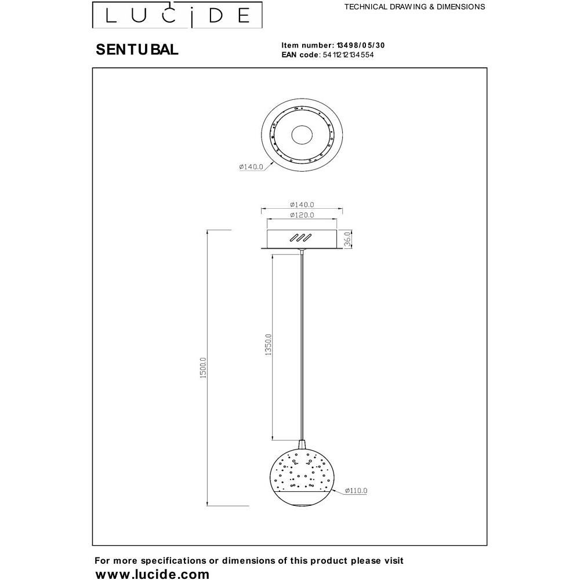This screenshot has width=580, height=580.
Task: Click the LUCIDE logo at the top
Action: click(x=177, y=15)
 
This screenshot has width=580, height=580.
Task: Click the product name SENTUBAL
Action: click(x=137, y=49)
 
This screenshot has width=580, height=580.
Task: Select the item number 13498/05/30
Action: click(x=361, y=45)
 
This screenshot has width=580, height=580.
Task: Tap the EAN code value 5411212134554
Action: click(x=348, y=55)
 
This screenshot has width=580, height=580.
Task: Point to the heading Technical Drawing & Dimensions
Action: click(x=415, y=6)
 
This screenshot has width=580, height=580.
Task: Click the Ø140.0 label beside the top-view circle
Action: click(x=251, y=167)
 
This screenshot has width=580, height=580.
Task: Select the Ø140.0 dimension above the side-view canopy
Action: click(x=302, y=205)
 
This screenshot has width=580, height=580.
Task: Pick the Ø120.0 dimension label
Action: click(x=302, y=215)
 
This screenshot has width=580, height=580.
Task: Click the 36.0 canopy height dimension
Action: click(x=347, y=239)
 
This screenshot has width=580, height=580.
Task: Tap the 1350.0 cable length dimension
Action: click(x=268, y=345)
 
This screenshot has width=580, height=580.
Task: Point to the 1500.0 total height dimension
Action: click(x=202, y=368)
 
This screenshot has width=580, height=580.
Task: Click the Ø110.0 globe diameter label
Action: click(x=356, y=491)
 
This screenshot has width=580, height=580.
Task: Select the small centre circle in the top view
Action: click(x=302, y=135)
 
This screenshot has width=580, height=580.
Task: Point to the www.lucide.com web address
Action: click(x=153, y=574)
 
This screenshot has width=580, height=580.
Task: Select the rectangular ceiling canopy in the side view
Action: click(x=302, y=239)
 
